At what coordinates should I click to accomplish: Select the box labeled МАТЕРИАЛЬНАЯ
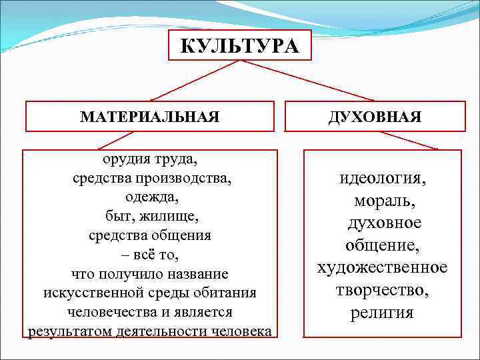pos(149,117)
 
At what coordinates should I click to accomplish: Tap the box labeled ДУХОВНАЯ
pos(374,117)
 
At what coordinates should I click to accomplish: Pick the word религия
pos(382,313)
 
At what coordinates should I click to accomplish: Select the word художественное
pos(382,267)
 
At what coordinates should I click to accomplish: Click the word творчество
pos(382,290)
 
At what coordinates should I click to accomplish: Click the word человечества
pos(111,312)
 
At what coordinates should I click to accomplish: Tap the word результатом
pos(67,331)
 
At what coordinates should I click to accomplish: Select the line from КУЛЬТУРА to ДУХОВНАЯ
pos(307,81)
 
